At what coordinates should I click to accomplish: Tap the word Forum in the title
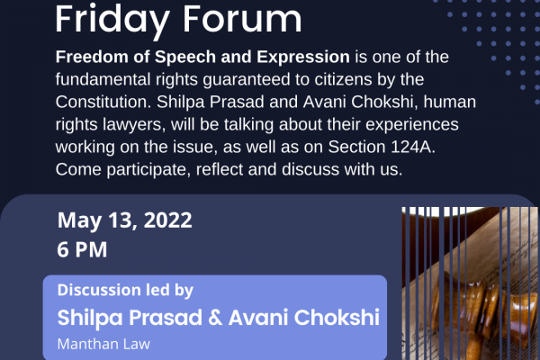[x=242, y=19]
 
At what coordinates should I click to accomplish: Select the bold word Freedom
[x=92, y=57]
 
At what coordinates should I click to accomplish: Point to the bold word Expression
[x=303, y=58]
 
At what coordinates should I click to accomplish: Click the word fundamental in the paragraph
[x=103, y=79]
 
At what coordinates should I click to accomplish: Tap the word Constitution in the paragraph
[x=103, y=102]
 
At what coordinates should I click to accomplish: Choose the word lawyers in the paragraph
[x=134, y=125]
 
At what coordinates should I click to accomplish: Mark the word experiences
[x=412, y=125]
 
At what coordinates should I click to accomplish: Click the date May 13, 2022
[x=125, y=220]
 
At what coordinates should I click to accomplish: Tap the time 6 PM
[x=82, y=249]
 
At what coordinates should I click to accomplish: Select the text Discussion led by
[x=125, y=291]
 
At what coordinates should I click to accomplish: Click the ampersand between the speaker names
[x=215, y=318]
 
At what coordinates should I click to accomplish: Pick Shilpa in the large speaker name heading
[x=90, y=318]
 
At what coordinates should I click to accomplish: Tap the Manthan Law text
[x=103, y=344]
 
